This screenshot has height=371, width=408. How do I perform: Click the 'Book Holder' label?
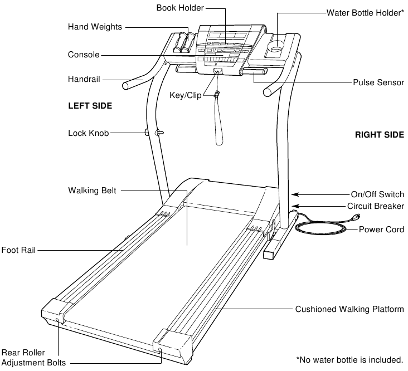point(180,8)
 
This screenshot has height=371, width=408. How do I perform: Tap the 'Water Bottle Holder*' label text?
point(365,13)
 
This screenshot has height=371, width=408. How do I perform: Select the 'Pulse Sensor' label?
point(378,82)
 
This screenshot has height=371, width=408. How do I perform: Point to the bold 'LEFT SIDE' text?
point(90,106)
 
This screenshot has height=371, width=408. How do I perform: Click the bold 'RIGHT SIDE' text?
point(380,135)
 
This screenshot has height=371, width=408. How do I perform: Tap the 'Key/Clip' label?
point(186,95)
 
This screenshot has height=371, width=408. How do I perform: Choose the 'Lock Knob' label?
point(89,133)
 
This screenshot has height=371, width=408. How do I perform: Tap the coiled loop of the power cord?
point(321,229)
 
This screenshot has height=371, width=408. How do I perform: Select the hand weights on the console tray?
point(184,42)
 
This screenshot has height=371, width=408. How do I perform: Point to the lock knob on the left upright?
point(158,133)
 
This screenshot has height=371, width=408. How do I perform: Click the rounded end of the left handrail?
point(125,86)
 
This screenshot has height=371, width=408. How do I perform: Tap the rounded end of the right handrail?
point(267,92)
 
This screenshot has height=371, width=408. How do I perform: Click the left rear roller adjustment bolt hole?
point(57,320)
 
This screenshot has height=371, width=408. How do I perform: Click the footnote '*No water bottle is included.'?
point(349,360)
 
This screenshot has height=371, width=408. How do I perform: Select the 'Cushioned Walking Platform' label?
point(349,309)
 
